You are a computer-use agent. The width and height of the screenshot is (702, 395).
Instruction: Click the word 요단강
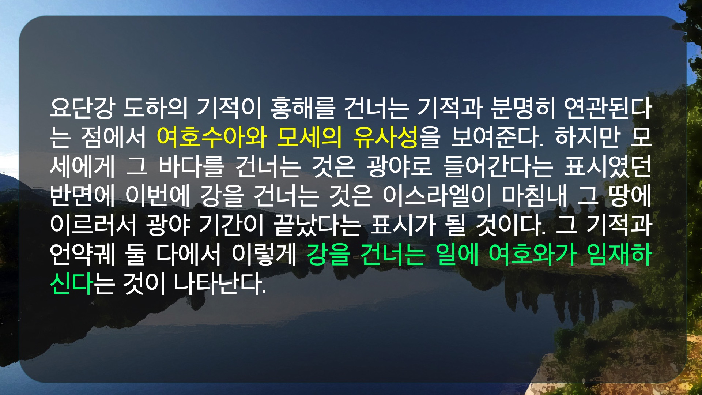(82, 108)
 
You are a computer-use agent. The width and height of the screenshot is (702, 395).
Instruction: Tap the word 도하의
(155, 108)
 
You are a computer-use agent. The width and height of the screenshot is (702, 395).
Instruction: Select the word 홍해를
(302, 108)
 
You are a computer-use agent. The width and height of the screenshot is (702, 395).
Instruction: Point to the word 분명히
(522, 108)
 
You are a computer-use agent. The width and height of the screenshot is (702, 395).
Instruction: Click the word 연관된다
(608, 108)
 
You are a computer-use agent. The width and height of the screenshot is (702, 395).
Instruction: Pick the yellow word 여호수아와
(211, 138)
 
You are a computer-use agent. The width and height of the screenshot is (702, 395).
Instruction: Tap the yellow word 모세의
(309, 138)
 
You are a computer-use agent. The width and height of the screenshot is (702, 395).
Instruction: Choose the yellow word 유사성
(386, 138)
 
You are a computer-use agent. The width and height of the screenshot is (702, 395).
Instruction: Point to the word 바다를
(191, 166)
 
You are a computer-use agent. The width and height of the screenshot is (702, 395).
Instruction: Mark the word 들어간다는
(498, 166)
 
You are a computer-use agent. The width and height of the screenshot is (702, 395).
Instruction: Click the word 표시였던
(608, 166)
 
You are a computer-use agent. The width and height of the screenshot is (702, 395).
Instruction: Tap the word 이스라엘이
(438, 196)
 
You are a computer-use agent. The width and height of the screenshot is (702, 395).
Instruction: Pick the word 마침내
(535, 196)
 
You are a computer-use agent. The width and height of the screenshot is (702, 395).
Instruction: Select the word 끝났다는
(318, 225)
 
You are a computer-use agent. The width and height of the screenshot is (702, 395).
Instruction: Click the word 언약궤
(82, 254)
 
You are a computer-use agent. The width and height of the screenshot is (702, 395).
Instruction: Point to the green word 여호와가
(533, 254)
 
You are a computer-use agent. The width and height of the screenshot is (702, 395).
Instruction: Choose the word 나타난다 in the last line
(220, 283)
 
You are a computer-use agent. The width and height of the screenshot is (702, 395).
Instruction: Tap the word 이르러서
(93, 225)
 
